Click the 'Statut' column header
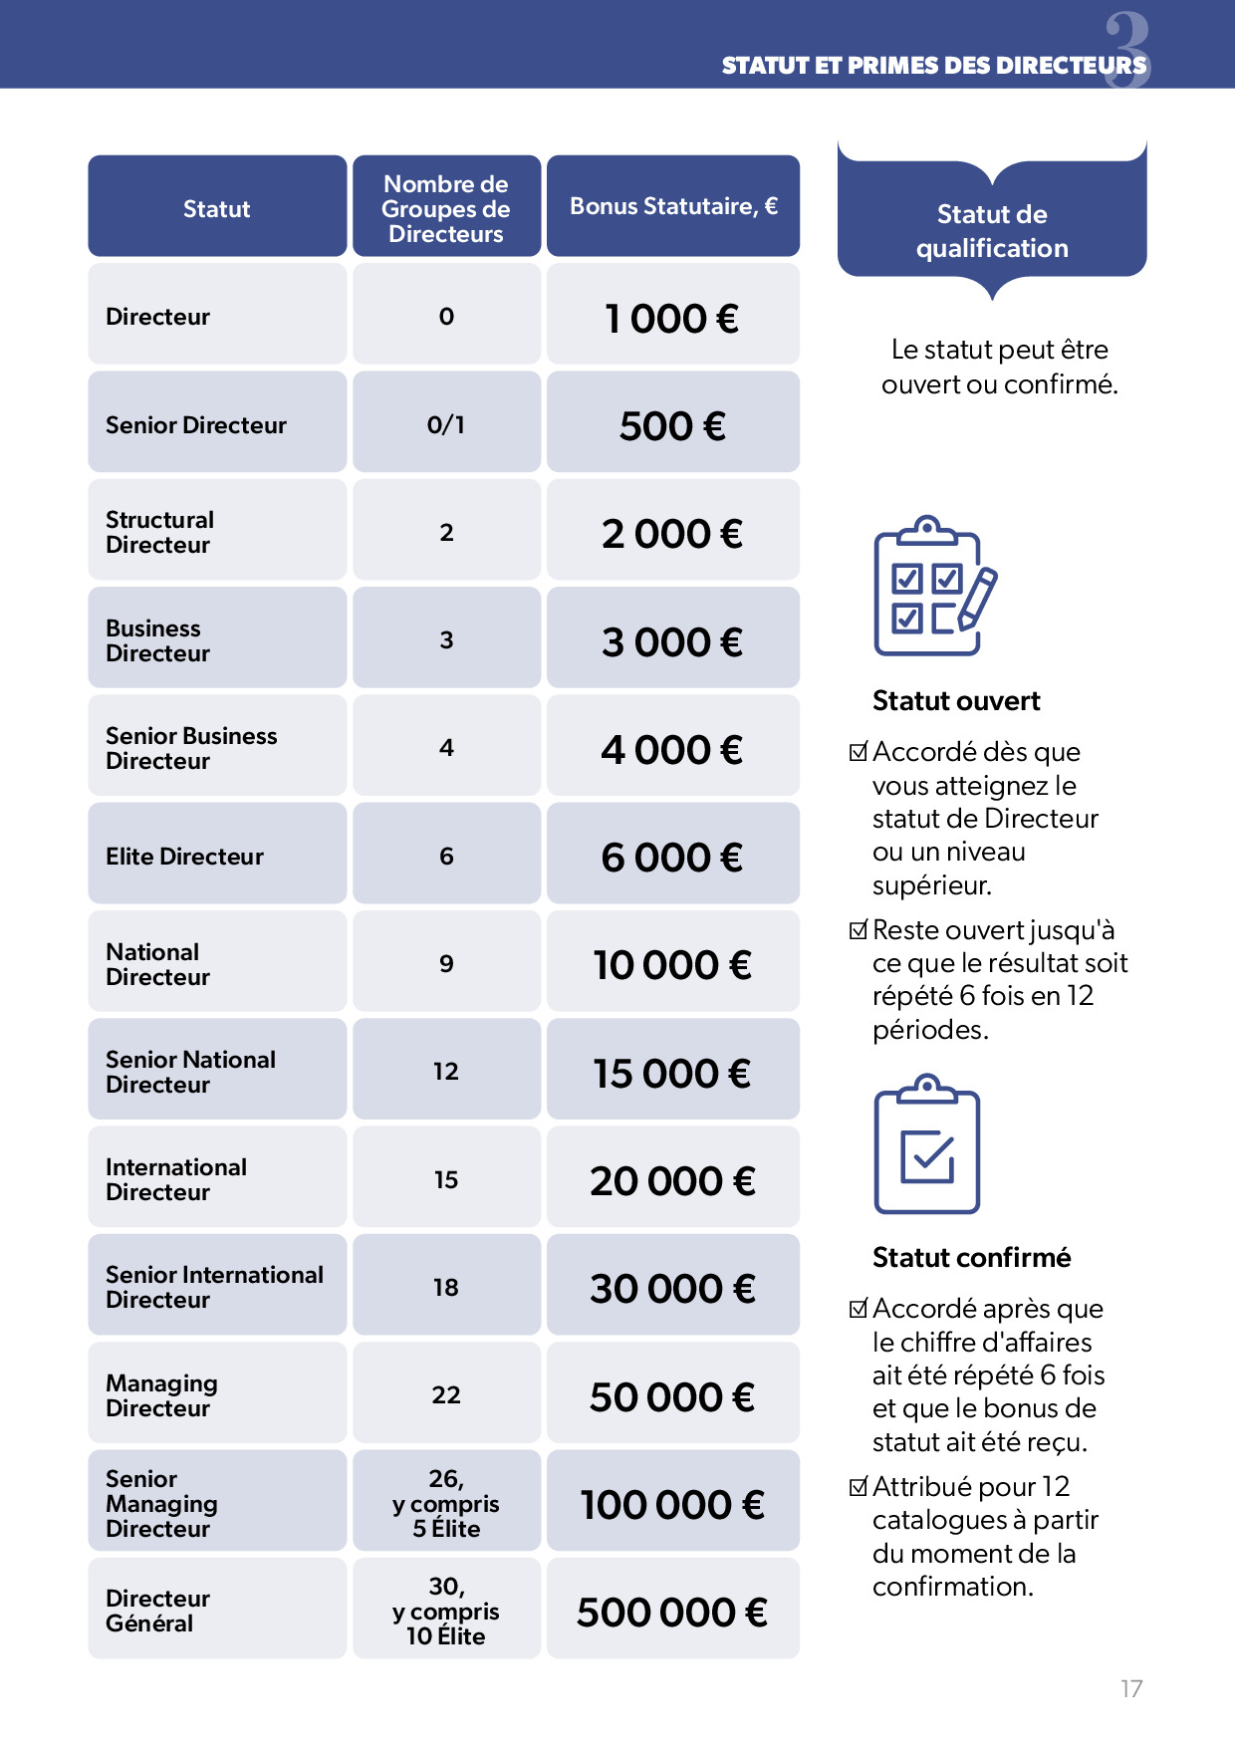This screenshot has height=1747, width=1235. tap(216, 209)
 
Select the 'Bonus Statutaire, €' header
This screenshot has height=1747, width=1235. tap(673, 206)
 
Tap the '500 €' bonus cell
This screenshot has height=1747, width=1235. tap(672, 425)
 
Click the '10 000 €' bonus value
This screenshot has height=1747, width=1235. tap(672, 964)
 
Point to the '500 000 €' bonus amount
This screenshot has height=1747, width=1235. tap(672, 1612)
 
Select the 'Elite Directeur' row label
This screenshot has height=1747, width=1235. tap(185, 857)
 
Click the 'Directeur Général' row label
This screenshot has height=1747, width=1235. tap(157, 1611)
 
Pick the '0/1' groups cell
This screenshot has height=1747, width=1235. tap(446, 425)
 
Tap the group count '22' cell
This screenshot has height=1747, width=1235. tap(446, 1394)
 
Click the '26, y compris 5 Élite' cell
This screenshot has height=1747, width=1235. tap(446, 1503)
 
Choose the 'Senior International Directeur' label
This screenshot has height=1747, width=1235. tap(214, 1287)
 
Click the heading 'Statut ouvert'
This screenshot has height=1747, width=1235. tap(956, 701)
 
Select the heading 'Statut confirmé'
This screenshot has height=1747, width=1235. tap(971, 1258)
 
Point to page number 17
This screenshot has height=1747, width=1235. tap(1131, 1688)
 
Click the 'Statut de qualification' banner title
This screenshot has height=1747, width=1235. tap(992, 231)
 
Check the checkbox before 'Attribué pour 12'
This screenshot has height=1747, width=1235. tap(859, 1487)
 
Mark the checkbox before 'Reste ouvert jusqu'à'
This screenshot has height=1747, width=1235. tap(859, 930)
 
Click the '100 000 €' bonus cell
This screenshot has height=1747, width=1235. tap(672, 1504)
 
